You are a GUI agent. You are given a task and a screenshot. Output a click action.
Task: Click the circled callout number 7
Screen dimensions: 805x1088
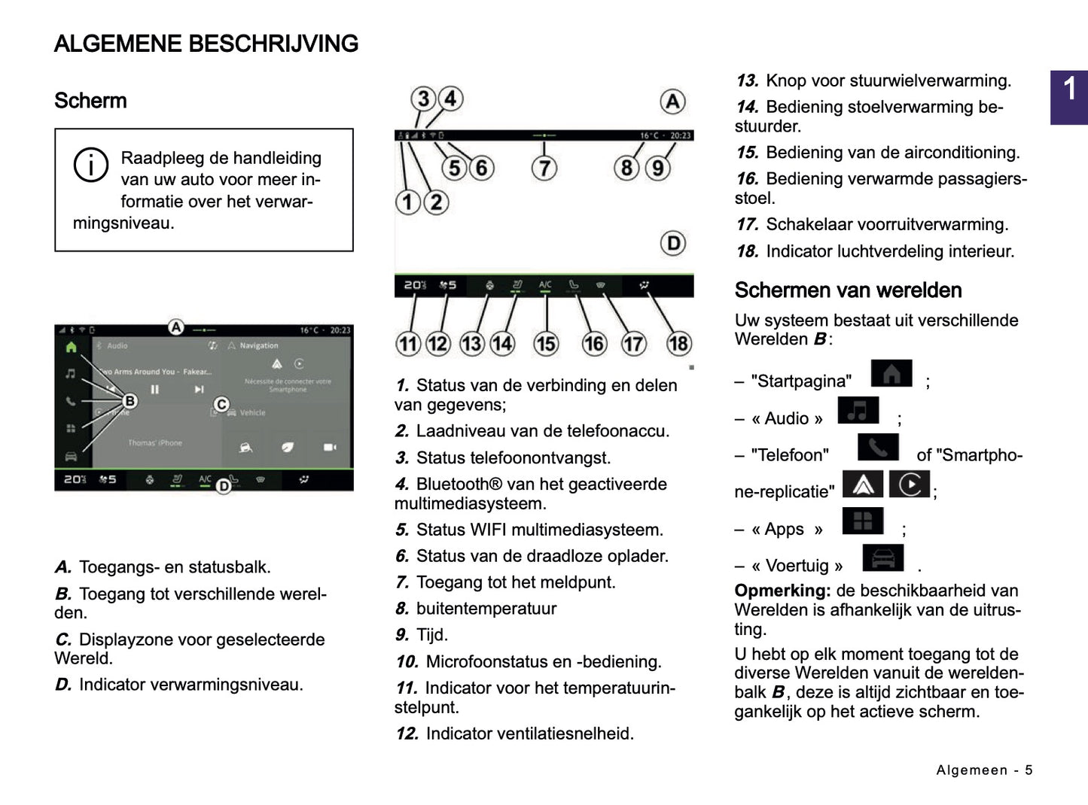(544, 168)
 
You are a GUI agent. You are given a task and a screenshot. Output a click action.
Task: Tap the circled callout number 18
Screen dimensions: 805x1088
(678, 344)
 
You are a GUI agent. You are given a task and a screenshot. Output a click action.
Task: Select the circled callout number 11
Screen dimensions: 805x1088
(408, 344)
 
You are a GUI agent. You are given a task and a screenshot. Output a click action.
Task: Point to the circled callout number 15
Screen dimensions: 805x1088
(546, 344)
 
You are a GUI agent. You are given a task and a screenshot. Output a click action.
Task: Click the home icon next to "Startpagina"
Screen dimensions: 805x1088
(891, 374)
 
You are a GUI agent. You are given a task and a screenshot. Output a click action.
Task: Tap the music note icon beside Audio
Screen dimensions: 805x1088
(858, 411)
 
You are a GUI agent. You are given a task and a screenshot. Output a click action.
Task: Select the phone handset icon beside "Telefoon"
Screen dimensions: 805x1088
(878, 448)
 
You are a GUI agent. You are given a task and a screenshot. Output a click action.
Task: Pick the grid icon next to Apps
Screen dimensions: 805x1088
(863, 521)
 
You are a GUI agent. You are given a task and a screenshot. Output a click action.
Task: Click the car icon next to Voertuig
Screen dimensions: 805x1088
(882, 557)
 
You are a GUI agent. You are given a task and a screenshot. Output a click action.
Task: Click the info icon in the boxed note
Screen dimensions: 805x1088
(90, 165)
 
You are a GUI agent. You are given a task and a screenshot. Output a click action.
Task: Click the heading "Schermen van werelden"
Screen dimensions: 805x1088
(848, 290)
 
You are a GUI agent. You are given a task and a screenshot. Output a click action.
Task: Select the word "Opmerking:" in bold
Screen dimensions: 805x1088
(782, 591)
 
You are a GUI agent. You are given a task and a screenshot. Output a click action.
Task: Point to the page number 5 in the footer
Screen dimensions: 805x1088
(1029, 770)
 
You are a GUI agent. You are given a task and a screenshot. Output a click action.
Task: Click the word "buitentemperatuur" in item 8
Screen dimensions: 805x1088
(486, 609)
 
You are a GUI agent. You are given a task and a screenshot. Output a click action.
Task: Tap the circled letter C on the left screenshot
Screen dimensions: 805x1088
(221, 405)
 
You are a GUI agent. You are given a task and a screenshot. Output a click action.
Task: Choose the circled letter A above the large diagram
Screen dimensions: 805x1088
(672, 102)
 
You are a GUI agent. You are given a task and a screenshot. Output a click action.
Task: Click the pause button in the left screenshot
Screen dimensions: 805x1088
(155, 390)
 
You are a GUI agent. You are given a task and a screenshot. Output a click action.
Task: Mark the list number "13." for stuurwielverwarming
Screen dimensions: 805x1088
(748, 81)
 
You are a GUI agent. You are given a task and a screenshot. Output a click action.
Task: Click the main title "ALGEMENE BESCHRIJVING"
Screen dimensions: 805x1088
(206, 44)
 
